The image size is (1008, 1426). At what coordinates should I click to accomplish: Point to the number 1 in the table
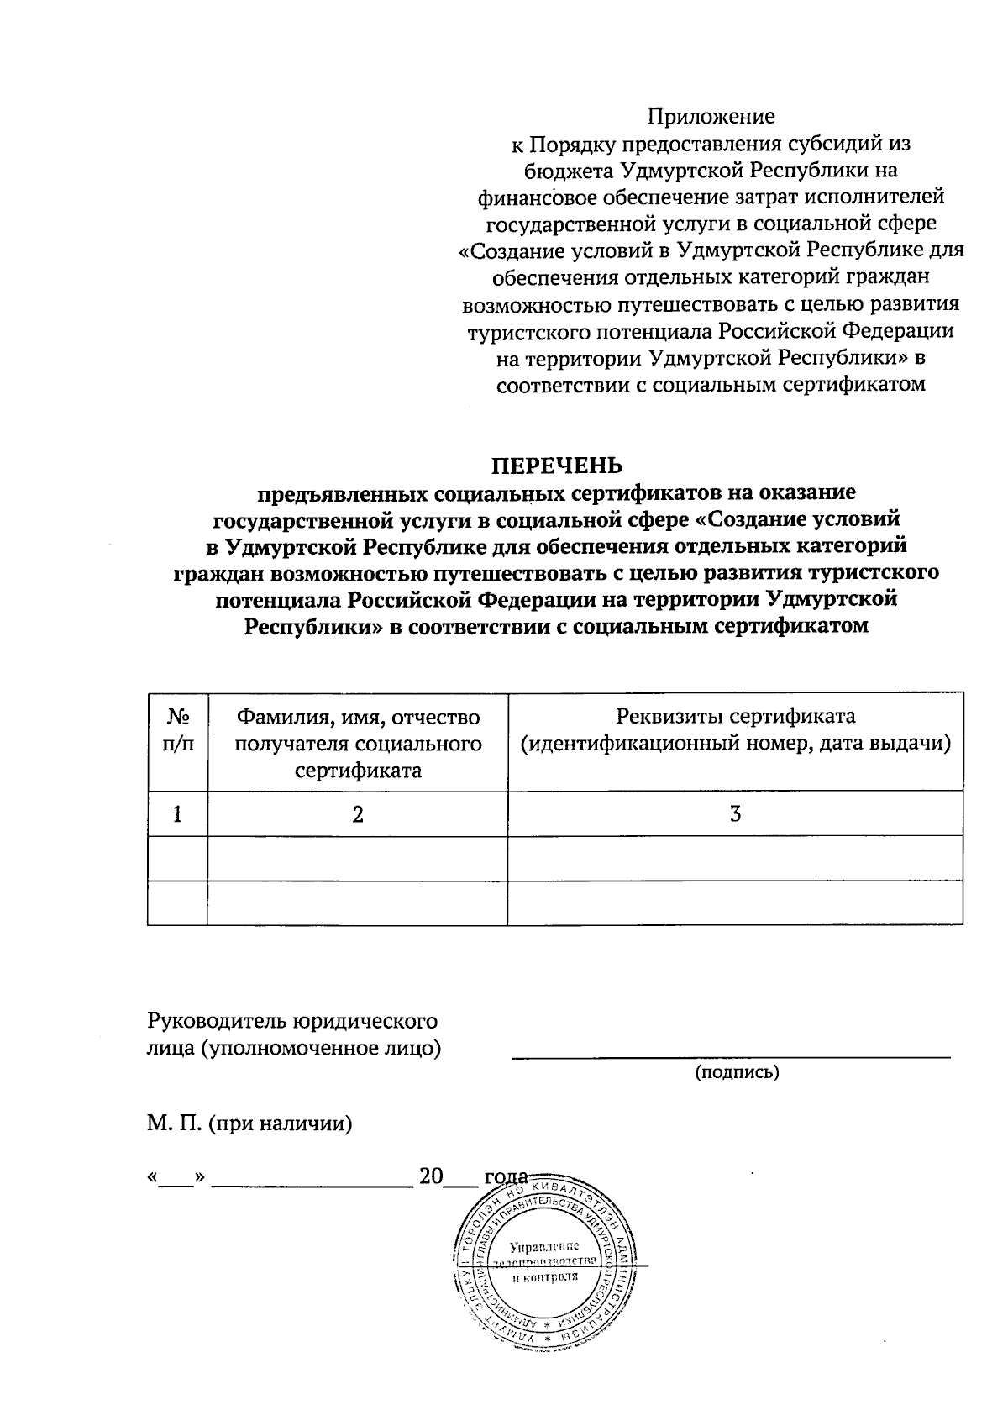pyautogui.click(x=177, y=813)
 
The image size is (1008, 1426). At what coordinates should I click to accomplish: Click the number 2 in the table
pyautogui.click(x=358, y=813)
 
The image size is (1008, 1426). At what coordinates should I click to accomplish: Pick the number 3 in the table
pyautogui.click(x=735, y=813)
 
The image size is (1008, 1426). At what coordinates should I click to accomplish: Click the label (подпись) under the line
pyautogui.click(x=737, y=1073)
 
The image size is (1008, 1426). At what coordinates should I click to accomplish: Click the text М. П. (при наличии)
pyautogui.click(x=249, y=1123)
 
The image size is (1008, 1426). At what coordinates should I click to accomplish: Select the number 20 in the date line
pyautogui.click(x=431, y=1176)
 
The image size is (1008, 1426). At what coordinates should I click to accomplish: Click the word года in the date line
pyautogui.click(x=506, y=1176)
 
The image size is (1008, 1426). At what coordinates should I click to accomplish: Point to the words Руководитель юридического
pyautogui.click(x=292, y=1022)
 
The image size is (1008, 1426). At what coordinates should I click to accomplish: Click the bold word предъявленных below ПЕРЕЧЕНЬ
pyautogui.click(x=347, y=492)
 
